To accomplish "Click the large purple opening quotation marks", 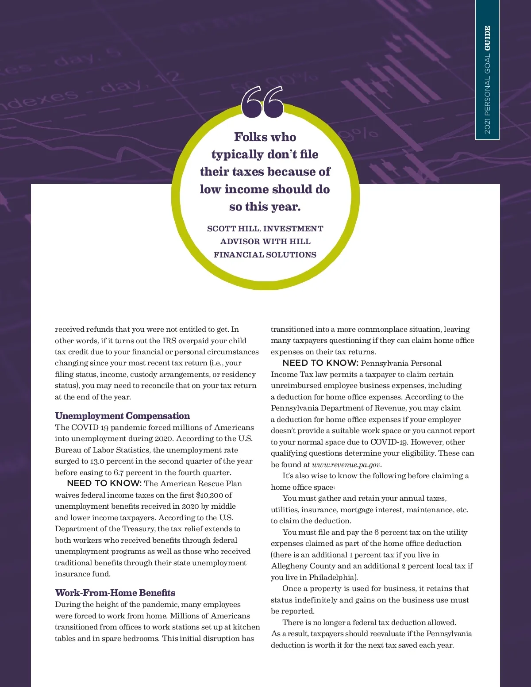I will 262,102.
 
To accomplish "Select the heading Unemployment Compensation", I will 122,416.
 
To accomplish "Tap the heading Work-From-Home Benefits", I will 115,593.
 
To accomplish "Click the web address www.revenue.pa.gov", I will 346,464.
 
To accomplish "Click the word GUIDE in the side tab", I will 487,38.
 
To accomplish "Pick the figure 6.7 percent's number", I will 119,472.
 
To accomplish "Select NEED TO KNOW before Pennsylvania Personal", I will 320,363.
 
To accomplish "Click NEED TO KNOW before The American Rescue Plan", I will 104,484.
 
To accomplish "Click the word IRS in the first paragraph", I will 169,341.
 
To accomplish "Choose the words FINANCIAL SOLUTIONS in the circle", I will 265,255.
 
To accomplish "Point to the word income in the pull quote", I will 246,189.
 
